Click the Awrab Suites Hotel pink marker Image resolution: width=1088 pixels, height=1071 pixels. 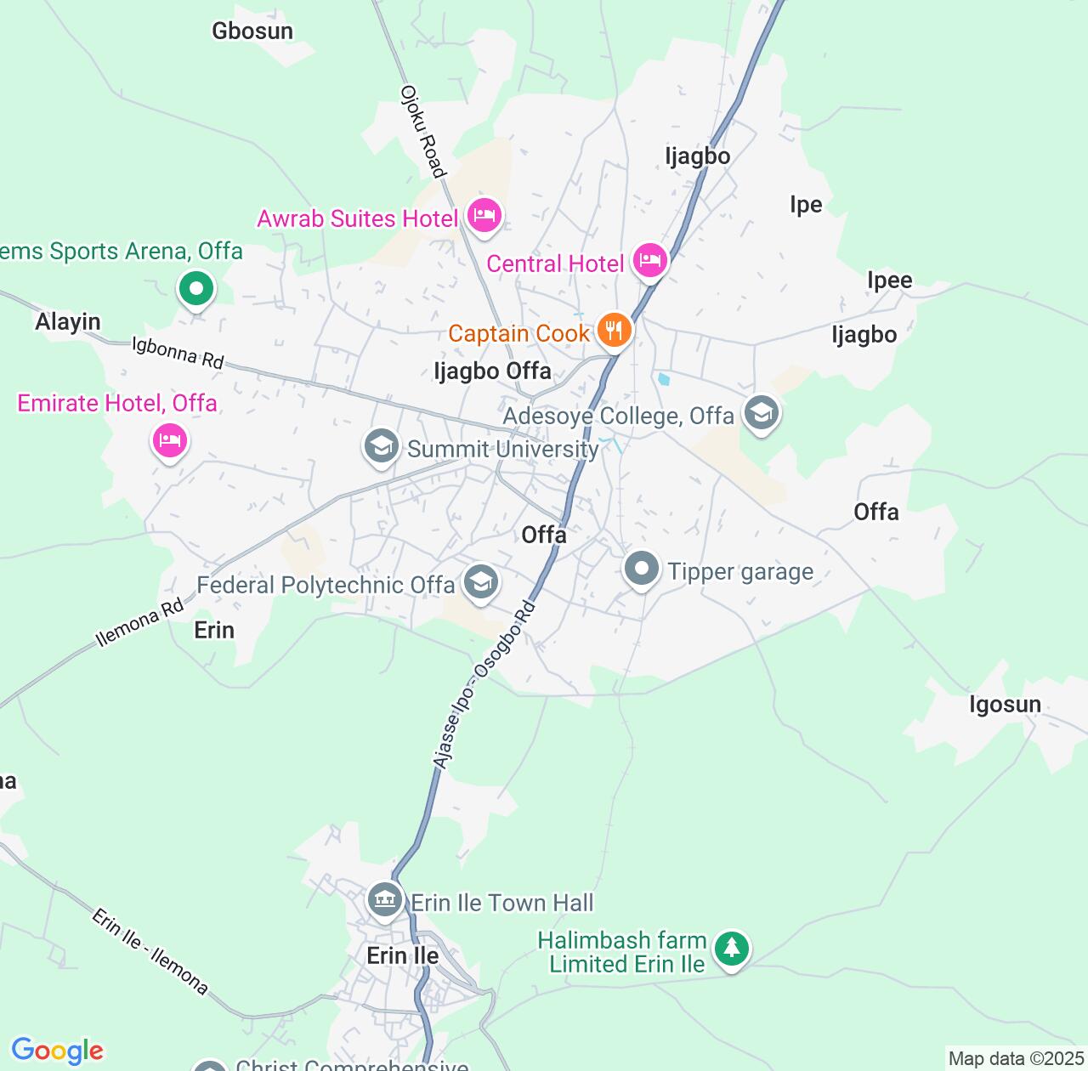coord(484,214)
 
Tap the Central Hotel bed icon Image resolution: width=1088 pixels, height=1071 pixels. coord(649,259)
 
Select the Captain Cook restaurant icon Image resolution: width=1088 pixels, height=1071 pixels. coord(614,330)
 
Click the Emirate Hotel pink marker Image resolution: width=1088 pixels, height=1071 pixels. coord(170,440)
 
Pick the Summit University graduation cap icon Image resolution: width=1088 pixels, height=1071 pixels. coord(382,446)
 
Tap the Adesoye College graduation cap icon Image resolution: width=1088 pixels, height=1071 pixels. coord(761,413)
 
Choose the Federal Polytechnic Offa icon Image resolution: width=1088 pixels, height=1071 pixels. coord(481,583)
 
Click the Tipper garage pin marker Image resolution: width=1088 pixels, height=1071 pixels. coord(642,569)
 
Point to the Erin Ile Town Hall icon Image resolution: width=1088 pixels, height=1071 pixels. coord(384,899)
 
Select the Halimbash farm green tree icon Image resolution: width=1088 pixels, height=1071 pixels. coord(732,949)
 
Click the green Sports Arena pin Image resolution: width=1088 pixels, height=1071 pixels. coord(196,289)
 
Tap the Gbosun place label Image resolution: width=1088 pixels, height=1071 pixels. coord(252,31)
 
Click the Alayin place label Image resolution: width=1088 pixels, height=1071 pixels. coord(68,322)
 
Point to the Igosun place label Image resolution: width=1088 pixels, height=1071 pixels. coord(1005,705)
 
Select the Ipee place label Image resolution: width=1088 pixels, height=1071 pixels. coord(889,280)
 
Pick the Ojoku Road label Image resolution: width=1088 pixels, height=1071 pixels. coord(422,132)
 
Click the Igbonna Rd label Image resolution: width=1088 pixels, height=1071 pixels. coord(178,353)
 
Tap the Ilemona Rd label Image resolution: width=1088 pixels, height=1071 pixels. coord(139,623)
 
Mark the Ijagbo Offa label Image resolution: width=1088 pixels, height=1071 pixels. coord(492,371)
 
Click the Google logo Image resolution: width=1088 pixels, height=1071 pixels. coord(57,1051)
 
